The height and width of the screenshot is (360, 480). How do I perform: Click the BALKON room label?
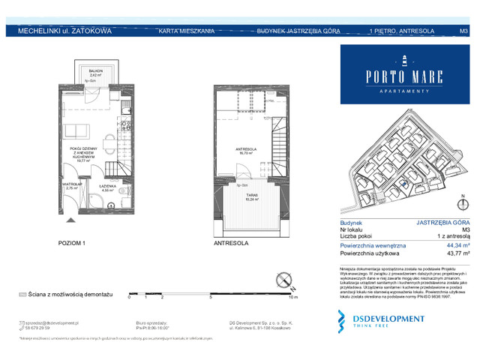[x=95, y=70]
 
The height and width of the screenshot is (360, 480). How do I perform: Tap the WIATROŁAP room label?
[x=71, y=184]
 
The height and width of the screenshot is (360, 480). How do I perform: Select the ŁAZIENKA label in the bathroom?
[x=106, y=186]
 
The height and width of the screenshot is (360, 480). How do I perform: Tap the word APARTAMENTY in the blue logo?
[x=403, y=89]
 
